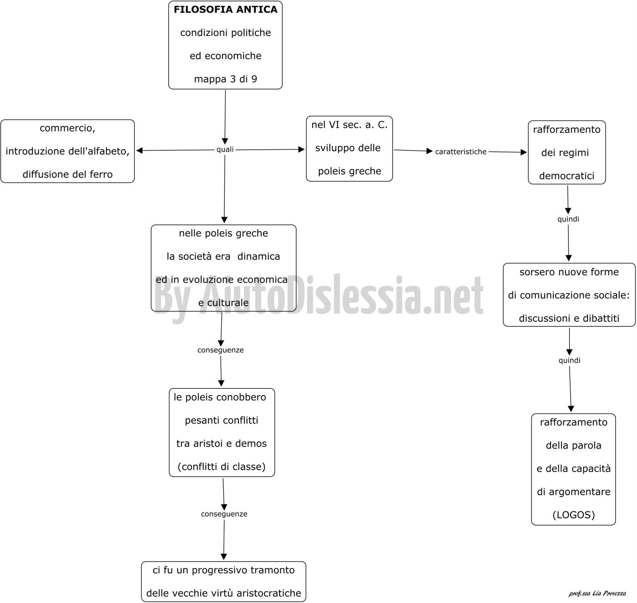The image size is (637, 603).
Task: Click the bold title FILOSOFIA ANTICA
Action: (226, 10)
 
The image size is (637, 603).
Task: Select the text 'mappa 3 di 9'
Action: (226, 79)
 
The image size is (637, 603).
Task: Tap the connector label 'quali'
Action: (225, 149)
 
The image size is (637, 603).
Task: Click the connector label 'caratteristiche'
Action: (460, 152)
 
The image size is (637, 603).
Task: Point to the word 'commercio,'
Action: (67, 128)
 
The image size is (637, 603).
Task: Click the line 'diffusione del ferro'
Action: (67, 174)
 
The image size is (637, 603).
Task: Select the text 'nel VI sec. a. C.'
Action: (349, 125)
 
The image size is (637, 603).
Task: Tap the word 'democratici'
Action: (566, 176)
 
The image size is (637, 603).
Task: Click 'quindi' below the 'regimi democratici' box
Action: (568, 219)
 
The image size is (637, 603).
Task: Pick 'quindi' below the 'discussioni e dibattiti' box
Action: (569, 360)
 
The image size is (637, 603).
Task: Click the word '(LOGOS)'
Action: (573, 515)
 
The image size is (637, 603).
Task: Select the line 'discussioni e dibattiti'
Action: (569, 319)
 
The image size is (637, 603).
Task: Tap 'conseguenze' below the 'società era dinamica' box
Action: (220, 350)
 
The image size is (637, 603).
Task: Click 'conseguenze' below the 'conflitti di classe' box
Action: (224, 514)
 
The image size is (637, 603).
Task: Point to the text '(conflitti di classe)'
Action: (222, 466)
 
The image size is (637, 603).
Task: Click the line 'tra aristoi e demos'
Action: (222, 443)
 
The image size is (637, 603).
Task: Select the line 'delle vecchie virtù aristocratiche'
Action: (223, 593)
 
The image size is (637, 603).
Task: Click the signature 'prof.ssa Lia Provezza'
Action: (597, 593)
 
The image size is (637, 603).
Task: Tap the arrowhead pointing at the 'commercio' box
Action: (139, 151)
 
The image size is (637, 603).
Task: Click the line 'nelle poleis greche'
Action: (223, 233)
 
